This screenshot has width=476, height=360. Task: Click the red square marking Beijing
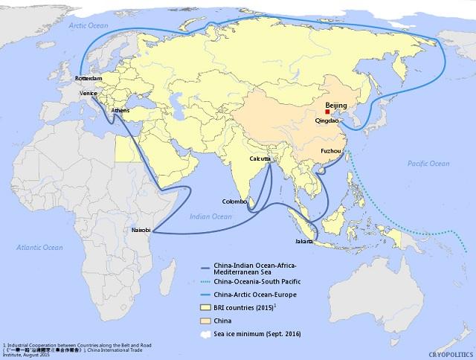pos(317,112)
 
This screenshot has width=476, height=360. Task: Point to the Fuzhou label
pos(331,152)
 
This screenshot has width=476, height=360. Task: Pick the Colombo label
pos(234,202)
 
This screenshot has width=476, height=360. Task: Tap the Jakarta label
pos(304,242)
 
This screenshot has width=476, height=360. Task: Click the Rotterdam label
pos(94,76)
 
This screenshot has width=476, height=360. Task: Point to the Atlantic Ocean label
pos(42,247)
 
